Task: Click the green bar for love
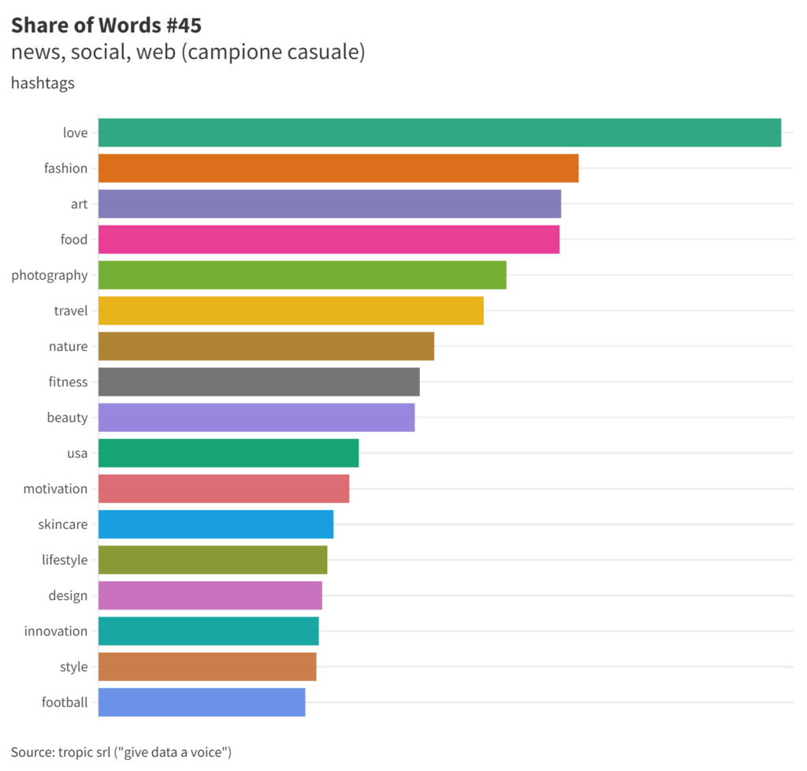(x=439, y=132)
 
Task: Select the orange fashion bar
(x=338, y=168)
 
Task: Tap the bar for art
(x=329, y=203)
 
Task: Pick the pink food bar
(x=329, y=239)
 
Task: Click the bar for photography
(x=302, y=275)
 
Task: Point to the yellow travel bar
(x=291, y=311)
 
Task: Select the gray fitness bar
(x=258, y=382)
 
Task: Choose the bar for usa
(x=229, y=453)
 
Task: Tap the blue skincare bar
(x=216, y=524)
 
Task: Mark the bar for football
(x=202, y=702)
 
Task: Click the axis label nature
(x=68, y=346)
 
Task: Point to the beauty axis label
(x=67, y=417)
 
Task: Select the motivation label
(x=55, y=489)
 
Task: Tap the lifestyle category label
(x=65, y=560)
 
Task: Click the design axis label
(x=68, y=595)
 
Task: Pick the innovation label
(x=56, y=631)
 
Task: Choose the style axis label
(x=73, y=667)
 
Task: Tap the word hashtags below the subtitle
(x=43, y=83)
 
